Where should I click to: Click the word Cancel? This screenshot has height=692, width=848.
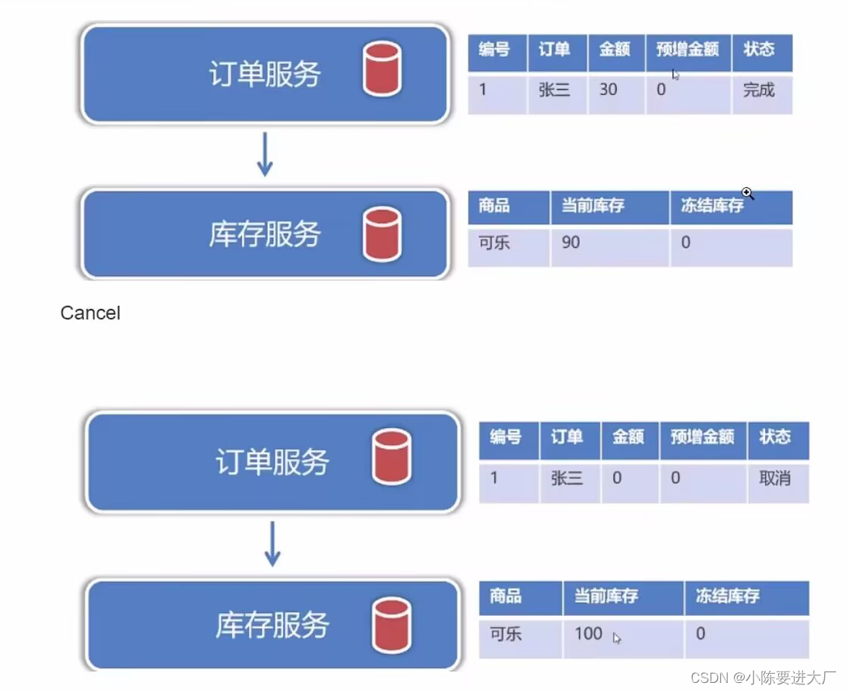tap(90, 313)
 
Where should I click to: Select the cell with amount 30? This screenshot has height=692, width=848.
tap(608, 90)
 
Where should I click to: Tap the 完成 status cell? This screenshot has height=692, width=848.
tap(758, 90)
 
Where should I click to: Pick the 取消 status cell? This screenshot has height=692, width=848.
tap(774, 478)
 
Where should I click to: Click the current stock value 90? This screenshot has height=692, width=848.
tap(570, 243)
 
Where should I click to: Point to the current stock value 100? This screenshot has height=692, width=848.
tap(588, 633)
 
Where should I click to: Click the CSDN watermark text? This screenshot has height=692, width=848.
tap(763, 677)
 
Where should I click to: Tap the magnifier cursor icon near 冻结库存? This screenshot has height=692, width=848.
tap(748, 194)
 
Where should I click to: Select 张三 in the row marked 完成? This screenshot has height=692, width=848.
tap(554, 90)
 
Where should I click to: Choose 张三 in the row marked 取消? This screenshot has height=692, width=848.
tap(567, 478)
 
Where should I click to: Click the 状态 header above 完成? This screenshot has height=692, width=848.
tap(758, 49)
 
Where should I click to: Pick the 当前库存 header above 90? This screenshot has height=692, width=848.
tap(592, 205)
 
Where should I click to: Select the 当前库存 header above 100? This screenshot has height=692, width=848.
tap(605, 595)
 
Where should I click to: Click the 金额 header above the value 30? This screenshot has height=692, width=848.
tap(615, 49)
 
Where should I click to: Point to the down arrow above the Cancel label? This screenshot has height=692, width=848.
tap(265, 154)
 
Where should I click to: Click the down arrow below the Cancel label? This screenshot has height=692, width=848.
tap(272, 543)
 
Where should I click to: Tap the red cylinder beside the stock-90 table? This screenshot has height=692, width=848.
tap(382, 233)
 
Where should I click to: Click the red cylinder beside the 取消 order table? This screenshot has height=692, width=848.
tap(392, 457)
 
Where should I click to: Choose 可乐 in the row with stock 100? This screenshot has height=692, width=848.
tap(506, 633)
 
